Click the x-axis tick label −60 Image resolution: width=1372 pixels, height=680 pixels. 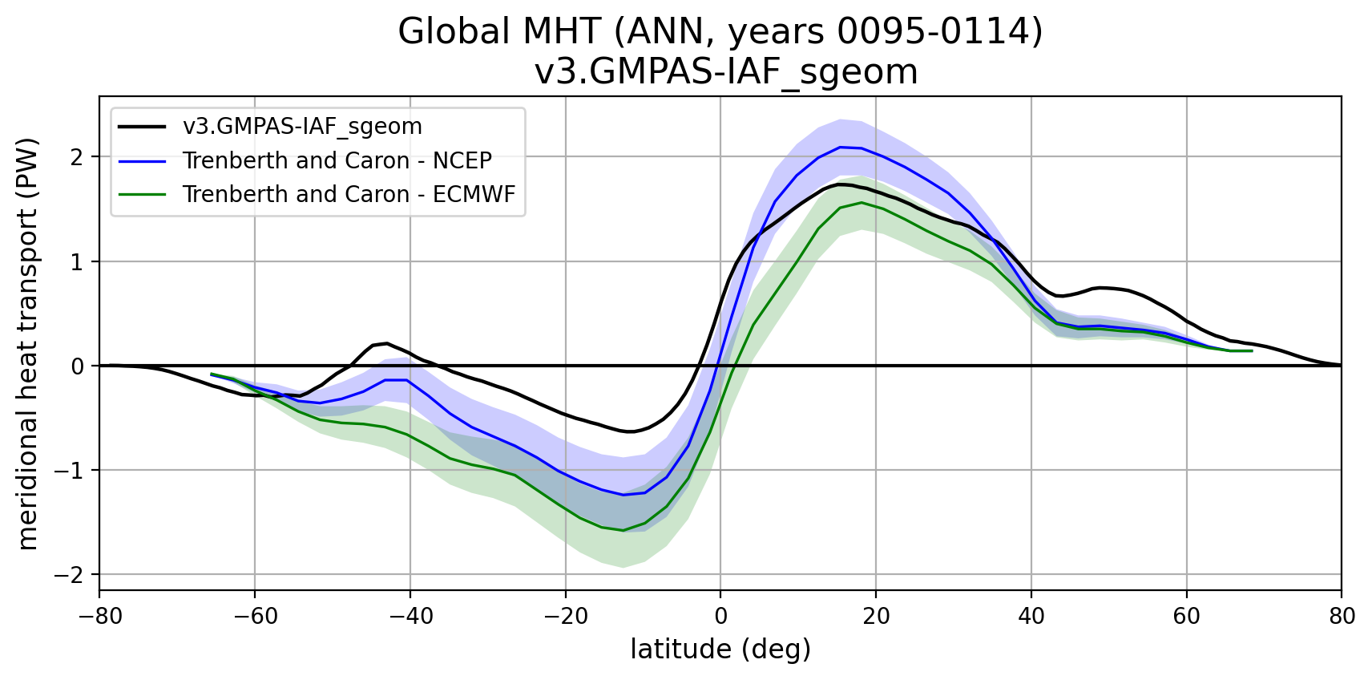click(x=254, y=616)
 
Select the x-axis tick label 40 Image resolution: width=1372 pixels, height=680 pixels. click(x=1031, y=616)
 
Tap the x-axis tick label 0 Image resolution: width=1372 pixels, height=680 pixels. click(x=720, y=616)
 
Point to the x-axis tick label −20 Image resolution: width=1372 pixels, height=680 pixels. click(x=565, y=616)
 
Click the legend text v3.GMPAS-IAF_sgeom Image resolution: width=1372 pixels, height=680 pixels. click(x=302, y=127)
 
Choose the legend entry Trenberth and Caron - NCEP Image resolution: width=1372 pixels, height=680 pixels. click(x=337, y=160)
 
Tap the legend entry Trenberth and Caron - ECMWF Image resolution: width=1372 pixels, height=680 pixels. click(x=349, y=194)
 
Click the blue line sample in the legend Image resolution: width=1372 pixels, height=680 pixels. click(x=143, y=160)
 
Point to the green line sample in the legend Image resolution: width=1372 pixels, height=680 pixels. click(x=143, y=194)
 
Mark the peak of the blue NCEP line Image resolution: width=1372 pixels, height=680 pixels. click(x=840, y=147)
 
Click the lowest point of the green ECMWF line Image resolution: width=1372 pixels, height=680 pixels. click(x=623, y=530)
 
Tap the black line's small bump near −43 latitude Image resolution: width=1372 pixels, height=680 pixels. click(x=387, y=343)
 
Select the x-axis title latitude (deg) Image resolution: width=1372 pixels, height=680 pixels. click(x=720, y=649)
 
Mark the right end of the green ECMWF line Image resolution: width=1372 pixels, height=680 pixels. click(x=1252, y=350)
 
